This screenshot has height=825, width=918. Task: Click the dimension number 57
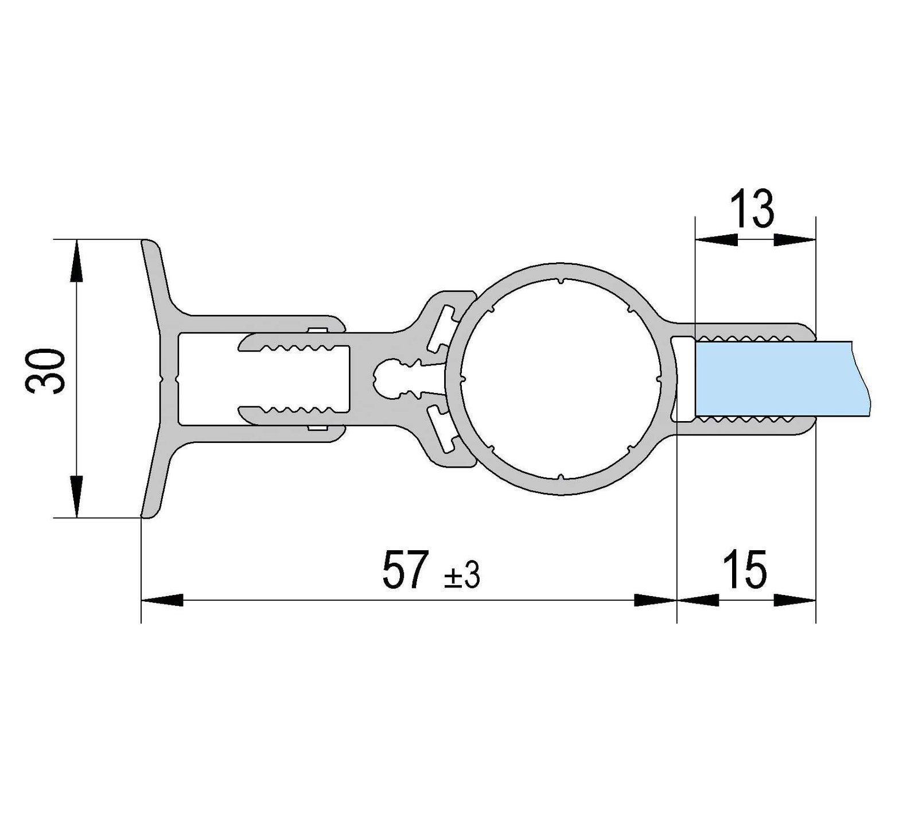406,570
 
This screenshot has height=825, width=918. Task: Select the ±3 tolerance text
462,575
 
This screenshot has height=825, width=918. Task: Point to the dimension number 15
745,570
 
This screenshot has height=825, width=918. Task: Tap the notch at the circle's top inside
560,282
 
